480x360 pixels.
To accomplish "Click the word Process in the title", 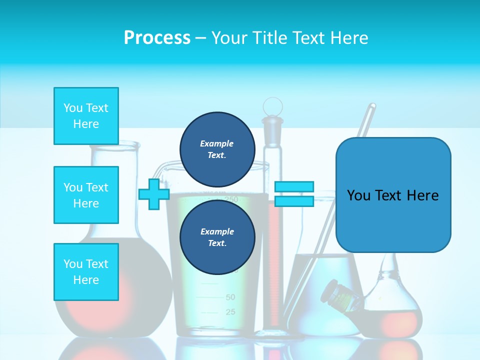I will [157, 38].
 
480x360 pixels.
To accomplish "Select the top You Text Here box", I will [86, 116].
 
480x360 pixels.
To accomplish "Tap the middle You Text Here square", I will [86, 195].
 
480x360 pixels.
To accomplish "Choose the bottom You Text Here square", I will [86, 271].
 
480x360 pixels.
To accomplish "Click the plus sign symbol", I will [154, 194].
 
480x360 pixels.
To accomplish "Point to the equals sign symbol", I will [294, 194].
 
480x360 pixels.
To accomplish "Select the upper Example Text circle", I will [217, 149].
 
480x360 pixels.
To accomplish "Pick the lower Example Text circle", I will [217, 237].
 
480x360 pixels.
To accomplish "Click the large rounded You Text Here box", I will [393, 195].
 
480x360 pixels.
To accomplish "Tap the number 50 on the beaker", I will [230, 297].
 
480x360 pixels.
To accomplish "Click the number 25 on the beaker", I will [230, 312].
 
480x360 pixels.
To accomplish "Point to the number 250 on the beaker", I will [231, 199].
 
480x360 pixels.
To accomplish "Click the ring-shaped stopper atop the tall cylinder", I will [272, 106].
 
